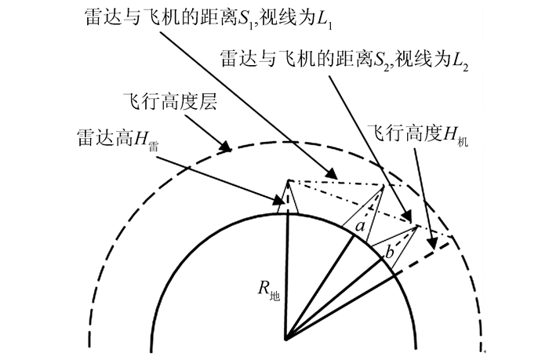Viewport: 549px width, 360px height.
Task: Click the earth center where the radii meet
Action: (286, 339)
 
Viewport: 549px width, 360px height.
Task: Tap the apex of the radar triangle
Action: (288, 180)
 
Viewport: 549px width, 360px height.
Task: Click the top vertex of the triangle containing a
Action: (382, 187)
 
